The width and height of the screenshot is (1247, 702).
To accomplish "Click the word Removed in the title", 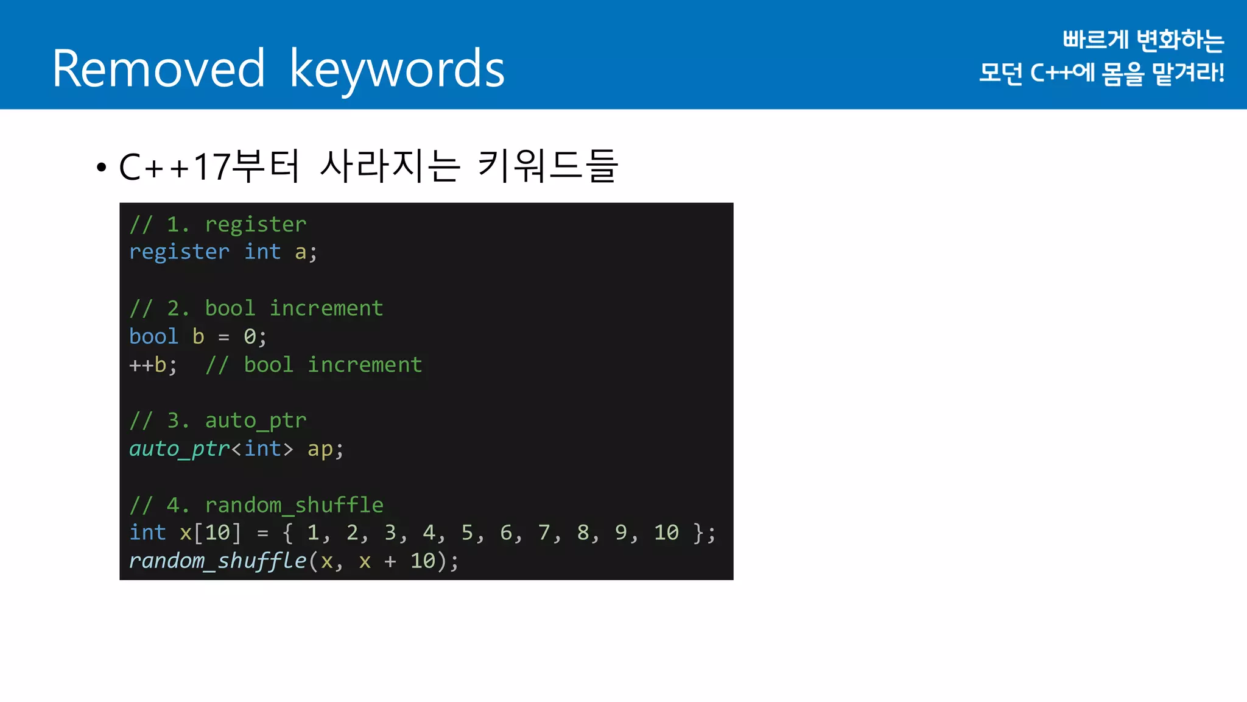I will pos(158,69).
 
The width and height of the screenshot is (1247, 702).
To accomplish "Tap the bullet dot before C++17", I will pos(101,167).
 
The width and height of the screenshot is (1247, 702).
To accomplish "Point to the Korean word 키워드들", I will pos(548,166).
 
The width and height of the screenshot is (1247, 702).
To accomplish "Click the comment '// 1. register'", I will pos(218,224).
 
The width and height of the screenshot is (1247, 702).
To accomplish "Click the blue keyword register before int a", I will pos(179,252).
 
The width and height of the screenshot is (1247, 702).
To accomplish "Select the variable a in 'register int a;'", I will pos(300,252).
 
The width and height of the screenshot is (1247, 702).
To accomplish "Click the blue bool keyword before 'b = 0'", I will pos(153,336).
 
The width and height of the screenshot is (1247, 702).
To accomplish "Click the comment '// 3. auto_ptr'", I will pos(218,420).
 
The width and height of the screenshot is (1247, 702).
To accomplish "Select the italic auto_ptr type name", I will pos(179,449).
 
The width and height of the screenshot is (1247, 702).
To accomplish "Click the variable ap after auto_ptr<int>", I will pos(320,450).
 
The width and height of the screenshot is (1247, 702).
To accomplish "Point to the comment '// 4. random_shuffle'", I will pos(256,505).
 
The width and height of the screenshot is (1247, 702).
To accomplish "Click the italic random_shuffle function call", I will pos(217,561).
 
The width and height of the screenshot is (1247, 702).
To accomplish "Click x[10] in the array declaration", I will pos(210,533).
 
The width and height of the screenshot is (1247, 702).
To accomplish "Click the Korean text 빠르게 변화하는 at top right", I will pos(1143,40).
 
